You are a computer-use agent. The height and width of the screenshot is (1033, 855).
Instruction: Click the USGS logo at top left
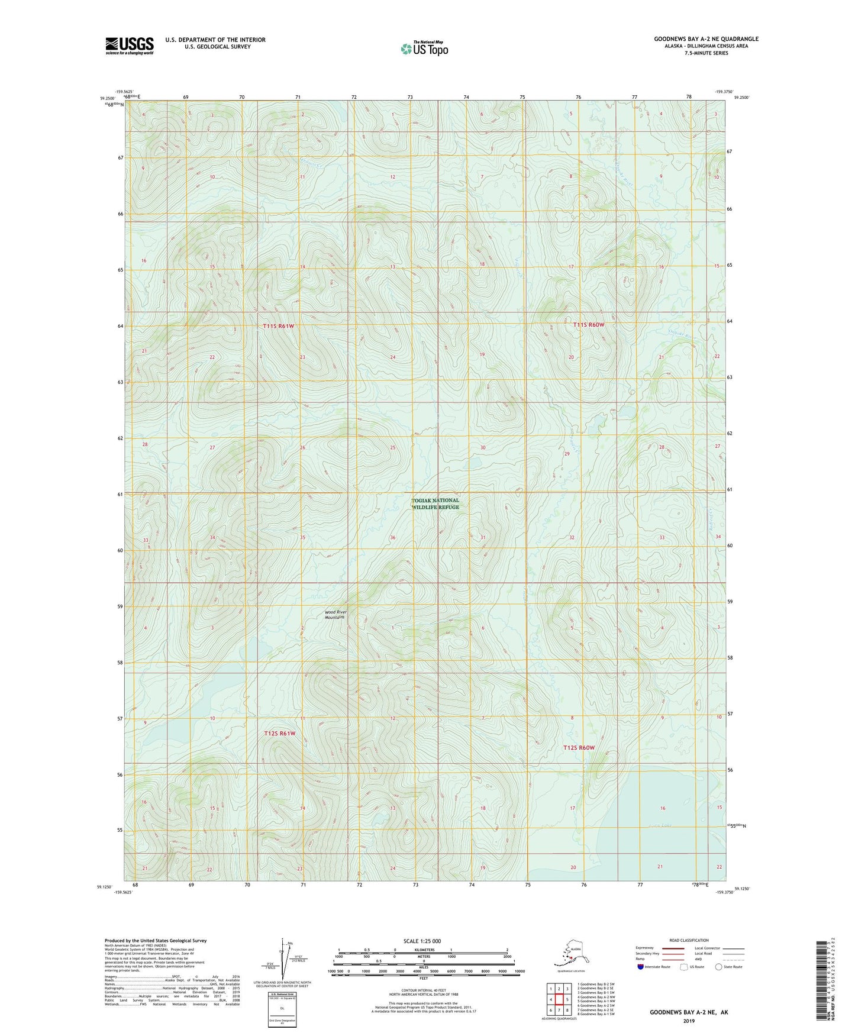129,46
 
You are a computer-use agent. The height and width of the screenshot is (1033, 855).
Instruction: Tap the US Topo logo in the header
424,49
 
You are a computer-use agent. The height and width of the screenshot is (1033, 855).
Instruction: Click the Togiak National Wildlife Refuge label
435,503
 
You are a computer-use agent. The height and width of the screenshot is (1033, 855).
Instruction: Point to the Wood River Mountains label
335,615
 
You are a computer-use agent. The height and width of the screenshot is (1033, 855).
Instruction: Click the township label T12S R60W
578,748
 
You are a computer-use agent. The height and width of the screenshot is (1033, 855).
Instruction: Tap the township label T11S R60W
589,325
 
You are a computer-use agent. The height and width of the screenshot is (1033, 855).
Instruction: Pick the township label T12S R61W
279,734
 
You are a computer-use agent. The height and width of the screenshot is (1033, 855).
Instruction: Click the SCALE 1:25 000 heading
422,941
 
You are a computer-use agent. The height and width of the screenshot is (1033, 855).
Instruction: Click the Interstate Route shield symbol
641,967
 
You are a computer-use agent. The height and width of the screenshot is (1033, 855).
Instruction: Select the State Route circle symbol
719,967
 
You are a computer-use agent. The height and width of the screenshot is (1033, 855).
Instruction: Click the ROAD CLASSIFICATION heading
689,941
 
